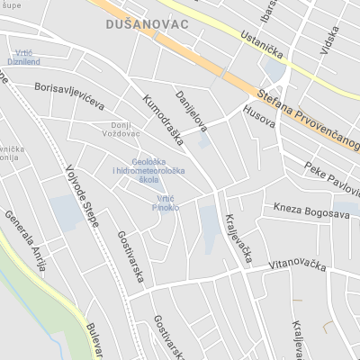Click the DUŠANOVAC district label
(147, 24)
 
